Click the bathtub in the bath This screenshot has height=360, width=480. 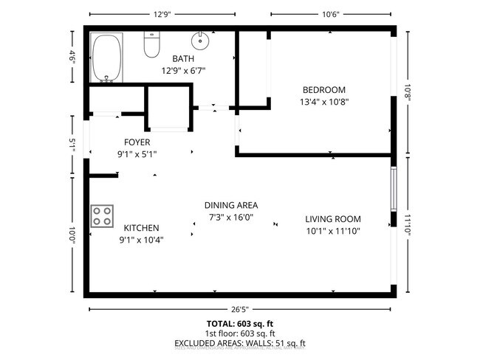coord(107,58)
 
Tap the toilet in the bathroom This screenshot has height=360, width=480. coord(151,46)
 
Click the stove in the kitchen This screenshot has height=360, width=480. coord(103,216)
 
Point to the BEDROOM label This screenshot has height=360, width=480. coord(323,90)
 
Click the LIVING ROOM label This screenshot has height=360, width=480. coord(333,218)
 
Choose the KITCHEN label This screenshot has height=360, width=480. coord(141,228)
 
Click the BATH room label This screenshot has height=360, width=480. coord(183,59)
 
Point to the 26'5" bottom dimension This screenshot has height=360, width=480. coord(239,310)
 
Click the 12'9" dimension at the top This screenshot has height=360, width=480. coord(163,13)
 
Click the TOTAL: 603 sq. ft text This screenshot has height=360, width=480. coord(239,323)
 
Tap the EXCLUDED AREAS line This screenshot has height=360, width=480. coord(239,343)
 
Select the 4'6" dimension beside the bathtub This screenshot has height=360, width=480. coord(73,57)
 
